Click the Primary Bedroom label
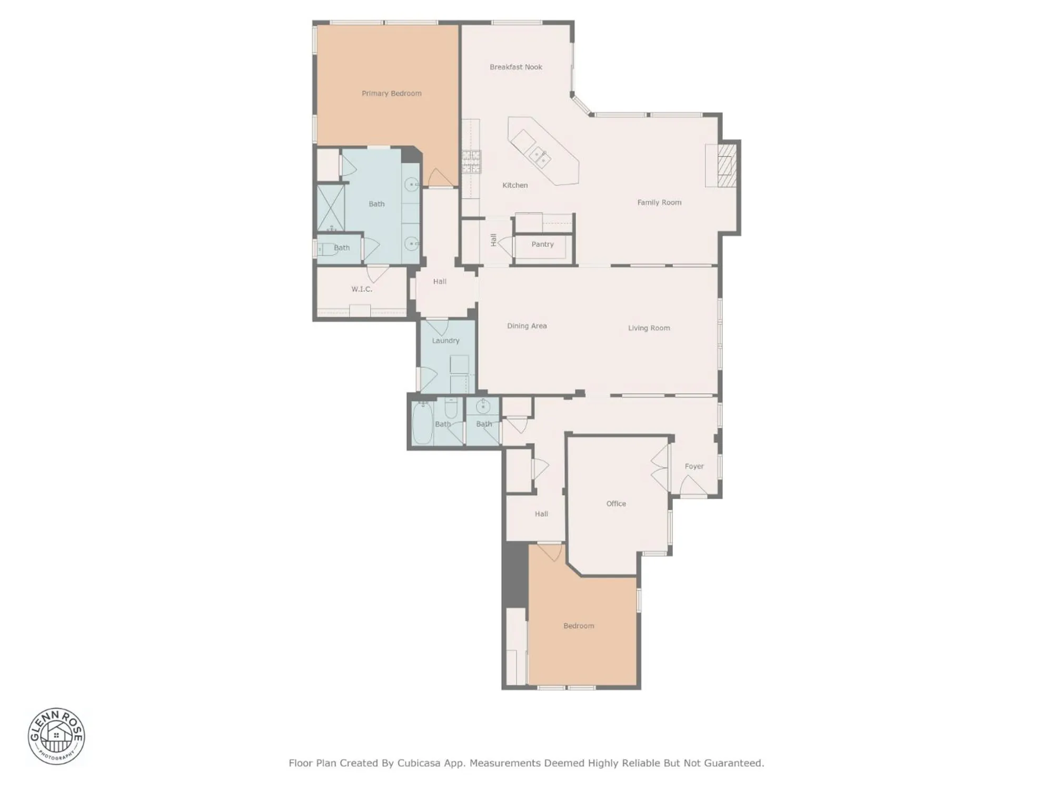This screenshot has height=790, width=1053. point(391,93)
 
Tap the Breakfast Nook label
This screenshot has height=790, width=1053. point(515,67)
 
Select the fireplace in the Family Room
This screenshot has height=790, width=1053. point(724,165)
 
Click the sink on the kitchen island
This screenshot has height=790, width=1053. point(540,155)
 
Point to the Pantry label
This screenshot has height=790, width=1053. point(542,244)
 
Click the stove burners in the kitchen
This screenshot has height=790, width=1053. point(471,162)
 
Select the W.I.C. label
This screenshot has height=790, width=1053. point(362,289)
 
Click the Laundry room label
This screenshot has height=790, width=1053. point(445,341)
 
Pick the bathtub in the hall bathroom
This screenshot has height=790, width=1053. point(422,423)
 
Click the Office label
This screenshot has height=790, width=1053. point(616,503)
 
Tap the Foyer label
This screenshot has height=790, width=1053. point(694,466)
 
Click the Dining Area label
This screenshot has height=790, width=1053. point(526,326)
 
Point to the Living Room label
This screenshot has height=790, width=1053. point(649,328)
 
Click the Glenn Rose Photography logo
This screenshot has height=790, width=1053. point(56,736)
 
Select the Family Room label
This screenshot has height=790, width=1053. point(659,202)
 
